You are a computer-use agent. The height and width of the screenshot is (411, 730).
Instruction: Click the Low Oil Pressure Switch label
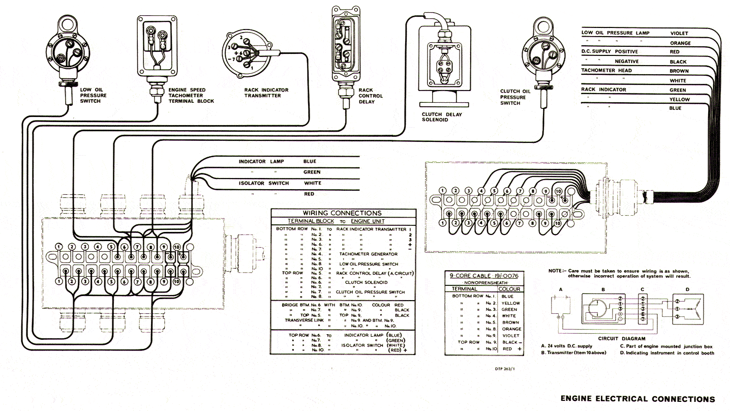tap(93, 95)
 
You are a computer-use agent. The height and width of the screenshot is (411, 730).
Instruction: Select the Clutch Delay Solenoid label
tap(442, 117)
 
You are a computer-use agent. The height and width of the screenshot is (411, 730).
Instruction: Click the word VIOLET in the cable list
tap(679, 34)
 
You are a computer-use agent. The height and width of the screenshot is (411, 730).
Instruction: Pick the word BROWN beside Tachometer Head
tap(679, 71)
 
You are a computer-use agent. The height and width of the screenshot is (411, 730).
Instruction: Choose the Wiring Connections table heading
tap(342, 213)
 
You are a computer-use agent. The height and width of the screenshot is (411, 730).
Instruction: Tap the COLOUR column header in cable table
tap(509, 289)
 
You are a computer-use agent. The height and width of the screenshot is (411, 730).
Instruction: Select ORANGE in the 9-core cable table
tap(510, 329)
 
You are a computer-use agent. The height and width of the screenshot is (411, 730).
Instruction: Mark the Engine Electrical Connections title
tap(637, 399)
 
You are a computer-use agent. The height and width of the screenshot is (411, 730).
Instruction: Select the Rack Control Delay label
tap(371, 96)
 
